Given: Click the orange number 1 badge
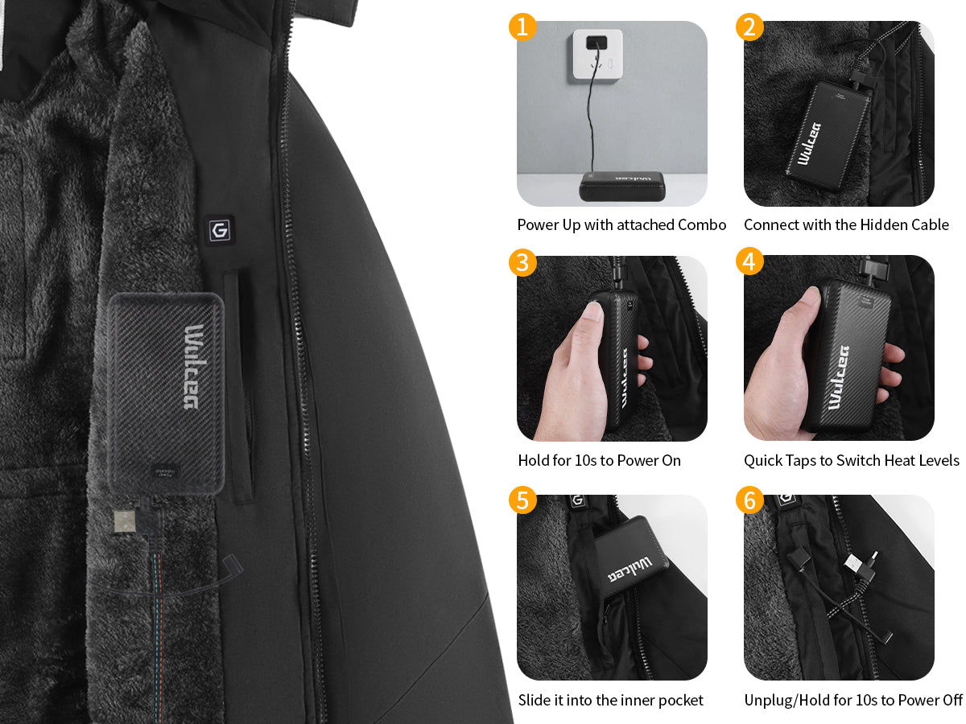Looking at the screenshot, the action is coord(522,27).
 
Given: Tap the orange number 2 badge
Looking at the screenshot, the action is coord(749,27).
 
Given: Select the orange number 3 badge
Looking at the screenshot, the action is coord(522,262).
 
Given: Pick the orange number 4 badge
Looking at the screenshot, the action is coord(749,261).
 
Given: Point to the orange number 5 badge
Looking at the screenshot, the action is coord(522,500).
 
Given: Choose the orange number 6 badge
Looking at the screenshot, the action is coord(749,500).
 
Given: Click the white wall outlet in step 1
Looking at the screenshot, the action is coord(597,55).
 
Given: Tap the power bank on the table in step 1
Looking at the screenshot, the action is coord(621,187).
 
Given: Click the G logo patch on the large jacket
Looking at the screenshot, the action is coord(220,230).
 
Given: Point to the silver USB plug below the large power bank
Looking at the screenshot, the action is coord(125,521).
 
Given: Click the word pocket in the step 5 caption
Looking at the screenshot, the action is coord(681,700).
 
